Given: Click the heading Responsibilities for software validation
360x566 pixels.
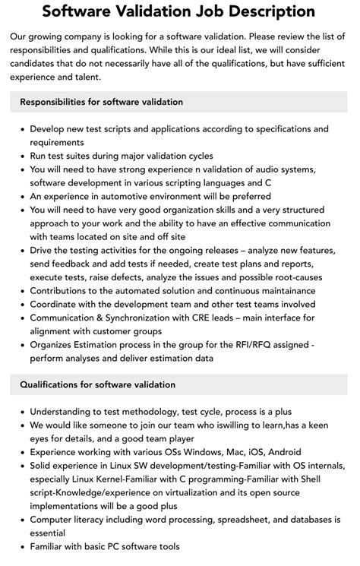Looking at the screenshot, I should click(x=101, y=102).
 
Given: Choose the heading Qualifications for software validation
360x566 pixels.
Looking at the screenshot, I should click(x=97, y=385).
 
